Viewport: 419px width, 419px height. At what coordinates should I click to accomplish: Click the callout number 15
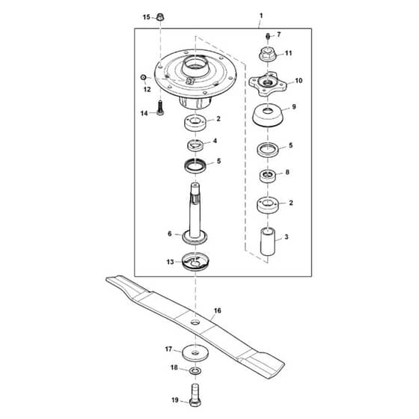147,17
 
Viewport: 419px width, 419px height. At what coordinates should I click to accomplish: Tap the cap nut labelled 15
160,16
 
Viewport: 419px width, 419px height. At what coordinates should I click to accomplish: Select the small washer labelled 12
143,78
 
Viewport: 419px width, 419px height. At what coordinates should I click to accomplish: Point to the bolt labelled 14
160,108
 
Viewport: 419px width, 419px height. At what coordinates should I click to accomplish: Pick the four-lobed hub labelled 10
268,83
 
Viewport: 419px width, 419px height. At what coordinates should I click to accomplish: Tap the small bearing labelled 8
268,176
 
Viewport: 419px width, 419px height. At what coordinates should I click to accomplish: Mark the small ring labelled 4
195,145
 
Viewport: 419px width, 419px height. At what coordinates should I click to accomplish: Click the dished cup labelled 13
195,261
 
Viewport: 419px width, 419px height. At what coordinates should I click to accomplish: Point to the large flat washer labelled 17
195,353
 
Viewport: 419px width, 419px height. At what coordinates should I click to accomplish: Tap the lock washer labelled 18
195,371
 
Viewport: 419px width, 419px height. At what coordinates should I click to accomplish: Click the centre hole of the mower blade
195,322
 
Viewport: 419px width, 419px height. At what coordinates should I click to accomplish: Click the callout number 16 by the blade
218,311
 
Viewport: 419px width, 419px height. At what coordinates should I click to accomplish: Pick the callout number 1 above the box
261,16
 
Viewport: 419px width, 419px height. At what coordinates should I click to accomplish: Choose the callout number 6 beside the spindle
169,233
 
